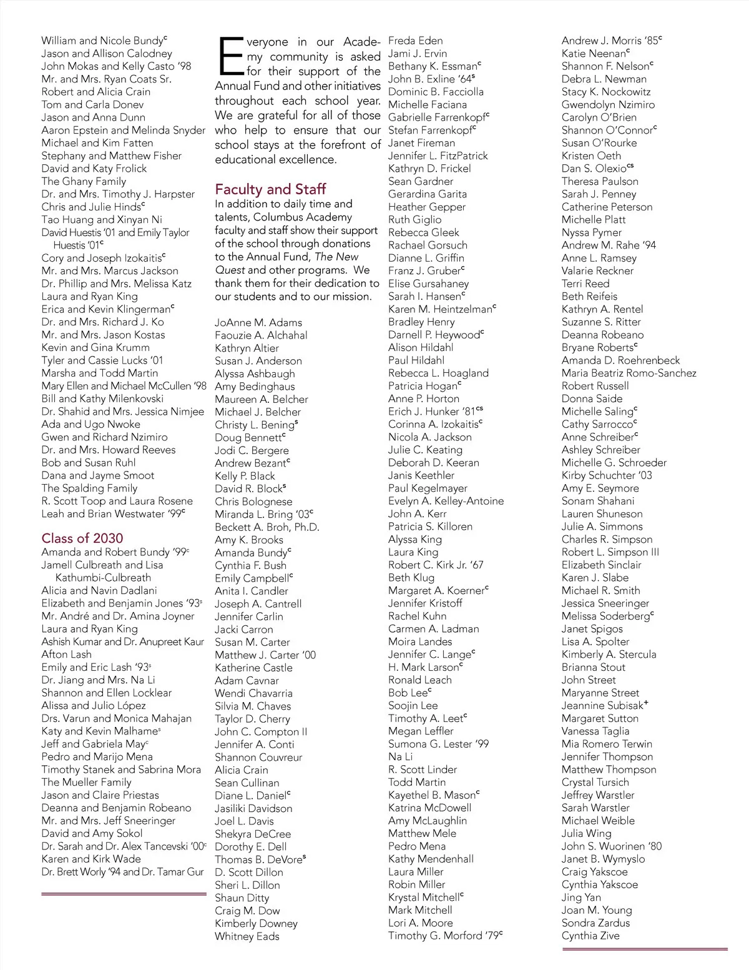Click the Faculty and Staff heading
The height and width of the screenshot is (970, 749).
tap(270, 189)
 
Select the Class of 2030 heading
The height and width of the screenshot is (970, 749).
tap(82, 538)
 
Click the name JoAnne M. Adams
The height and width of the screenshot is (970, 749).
tap(258, 323)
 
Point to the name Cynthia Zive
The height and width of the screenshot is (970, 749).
tap(590, 936)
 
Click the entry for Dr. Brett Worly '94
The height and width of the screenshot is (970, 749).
tap(122, 872)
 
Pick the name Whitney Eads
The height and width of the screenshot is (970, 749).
tap(247, 936)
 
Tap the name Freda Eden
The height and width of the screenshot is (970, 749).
tap(415, 41)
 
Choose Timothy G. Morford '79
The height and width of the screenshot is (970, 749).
tap(444, 936)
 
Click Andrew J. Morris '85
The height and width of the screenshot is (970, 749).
tap(610, 41)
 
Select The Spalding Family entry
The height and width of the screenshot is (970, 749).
tap(89, 488)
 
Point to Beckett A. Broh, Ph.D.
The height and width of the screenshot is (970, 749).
tap(267, 527)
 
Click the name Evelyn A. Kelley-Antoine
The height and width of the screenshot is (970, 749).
tap(446, 501)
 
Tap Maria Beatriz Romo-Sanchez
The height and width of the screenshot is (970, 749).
tap(629, 374)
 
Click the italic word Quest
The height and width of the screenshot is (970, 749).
tap(230, 270)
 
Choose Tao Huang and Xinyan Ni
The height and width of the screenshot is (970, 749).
tap(102, 220)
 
